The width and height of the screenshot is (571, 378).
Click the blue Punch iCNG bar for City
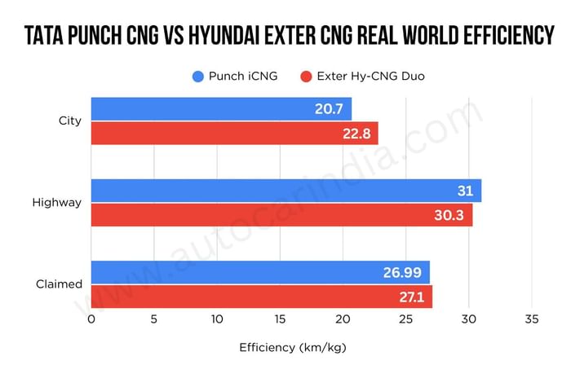tap(220, 109)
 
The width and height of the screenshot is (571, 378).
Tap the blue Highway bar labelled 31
tap(285, 191)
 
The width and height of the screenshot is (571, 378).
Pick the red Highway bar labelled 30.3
tap(281, 215)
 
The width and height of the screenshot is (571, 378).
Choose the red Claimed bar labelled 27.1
tap(261, 297)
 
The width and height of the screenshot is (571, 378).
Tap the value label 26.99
tap(401, 272)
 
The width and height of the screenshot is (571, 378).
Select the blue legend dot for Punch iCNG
tap(198, 77)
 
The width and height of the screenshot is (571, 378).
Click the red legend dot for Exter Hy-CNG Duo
tap(307, 77)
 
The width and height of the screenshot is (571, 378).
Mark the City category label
tap(70, 121)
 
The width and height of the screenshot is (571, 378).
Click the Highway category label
tap(57, 203)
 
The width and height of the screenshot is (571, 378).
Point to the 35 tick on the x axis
tap(532, 319)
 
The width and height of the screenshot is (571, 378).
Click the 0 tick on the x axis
tap(91, 319)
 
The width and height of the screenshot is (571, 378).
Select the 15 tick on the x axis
tap(281, 319)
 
